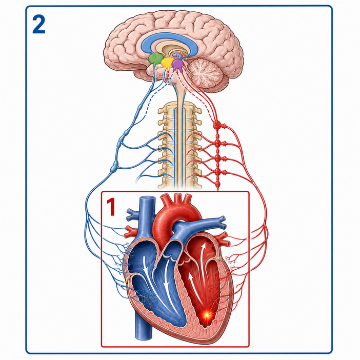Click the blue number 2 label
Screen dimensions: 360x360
point(38,24)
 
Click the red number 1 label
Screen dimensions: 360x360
point(111,207)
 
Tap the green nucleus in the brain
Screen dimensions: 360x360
point(156,58)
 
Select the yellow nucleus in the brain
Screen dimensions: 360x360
point(168,62)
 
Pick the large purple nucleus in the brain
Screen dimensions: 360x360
point(177,64)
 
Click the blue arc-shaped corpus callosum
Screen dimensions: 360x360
point(169,39)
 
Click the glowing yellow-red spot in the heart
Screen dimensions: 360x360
point(207,315)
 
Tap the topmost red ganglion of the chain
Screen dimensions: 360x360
point(216,125)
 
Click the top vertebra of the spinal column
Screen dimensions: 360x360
point(180,107)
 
